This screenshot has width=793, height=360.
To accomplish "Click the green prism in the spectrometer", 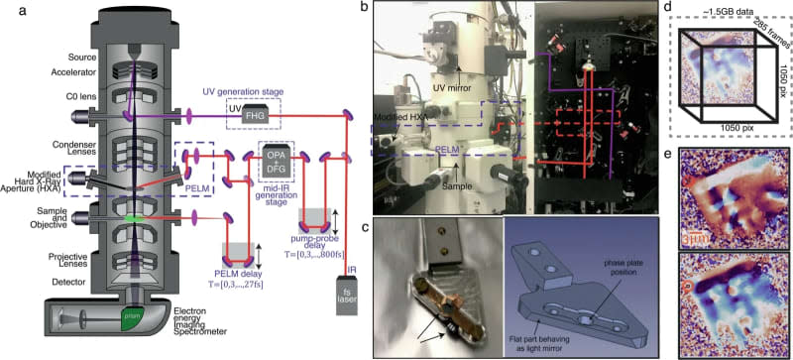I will pos(133,317).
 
